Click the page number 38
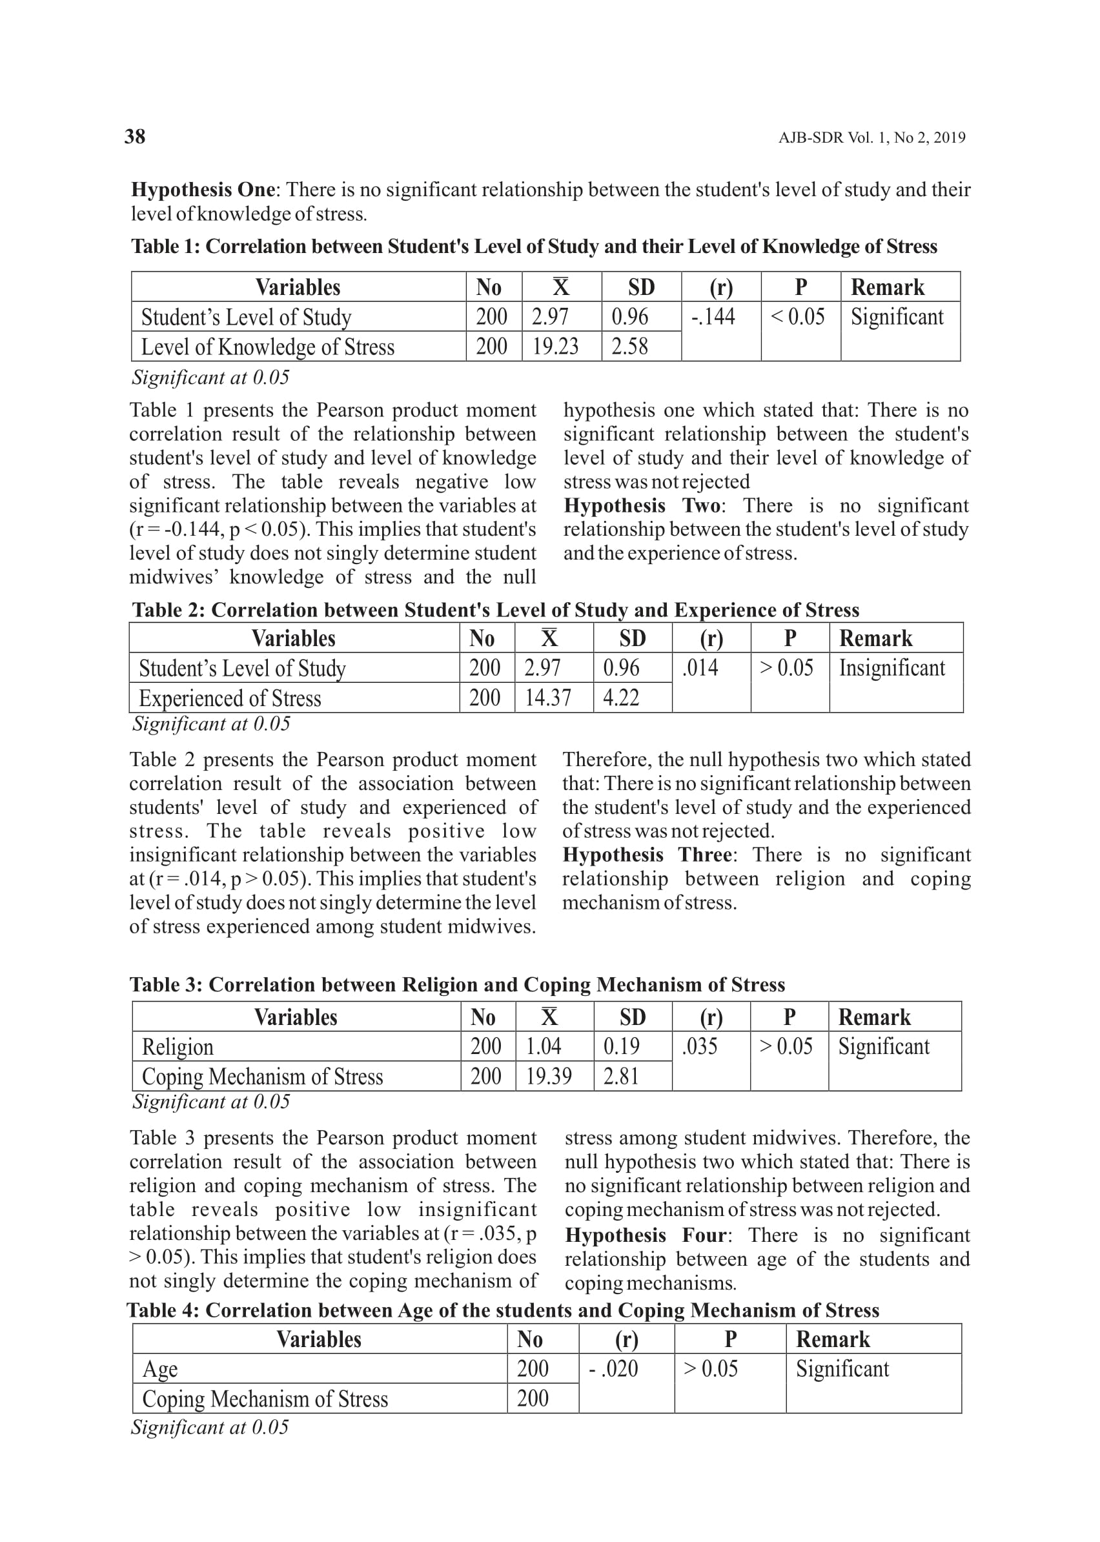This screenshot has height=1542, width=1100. pyautogui.click(x=135, y=137)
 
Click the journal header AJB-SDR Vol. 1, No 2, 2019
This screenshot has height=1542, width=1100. pyautogui.click(x=871, y=138)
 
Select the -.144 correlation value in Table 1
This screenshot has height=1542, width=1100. pyautogui.click(x=713, y=317)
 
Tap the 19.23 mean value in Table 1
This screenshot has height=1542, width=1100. pyautogui.click(x=555, y=347)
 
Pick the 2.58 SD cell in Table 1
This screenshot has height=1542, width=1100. pyautogui.click(x=629, y=347)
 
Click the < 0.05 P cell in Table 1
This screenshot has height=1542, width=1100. pyautogui.click(x=798, y=317)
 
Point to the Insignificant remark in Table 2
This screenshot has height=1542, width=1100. pyautogui.click(x=891, y=669)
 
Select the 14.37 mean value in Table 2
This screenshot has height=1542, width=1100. pyautogui.click(x=547, y=698)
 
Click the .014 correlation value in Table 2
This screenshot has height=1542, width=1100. pyautogui.click(x=700, y=669)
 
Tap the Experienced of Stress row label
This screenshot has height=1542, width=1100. pyautogui.click(x=230, y=698)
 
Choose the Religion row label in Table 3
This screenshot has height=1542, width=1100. pyautogui.click(x=178, y=1047)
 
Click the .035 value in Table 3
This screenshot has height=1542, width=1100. pyautogui.click(x=700, y=1047)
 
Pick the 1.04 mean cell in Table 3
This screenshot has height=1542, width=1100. pyautogui.click(x=544, y=1047)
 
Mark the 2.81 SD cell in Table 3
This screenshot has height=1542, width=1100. pyautogui.click(x=621, y=1076)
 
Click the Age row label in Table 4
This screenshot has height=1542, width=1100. pyautogui.click(x=160, y=1369)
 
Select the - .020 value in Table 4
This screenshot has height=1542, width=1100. pyautogui.click(x=614, y=1368)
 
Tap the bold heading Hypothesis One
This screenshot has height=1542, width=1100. pyautogui.click(x=203, y=190)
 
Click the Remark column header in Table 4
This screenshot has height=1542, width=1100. pyautogui.click(x=833, y=1339)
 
